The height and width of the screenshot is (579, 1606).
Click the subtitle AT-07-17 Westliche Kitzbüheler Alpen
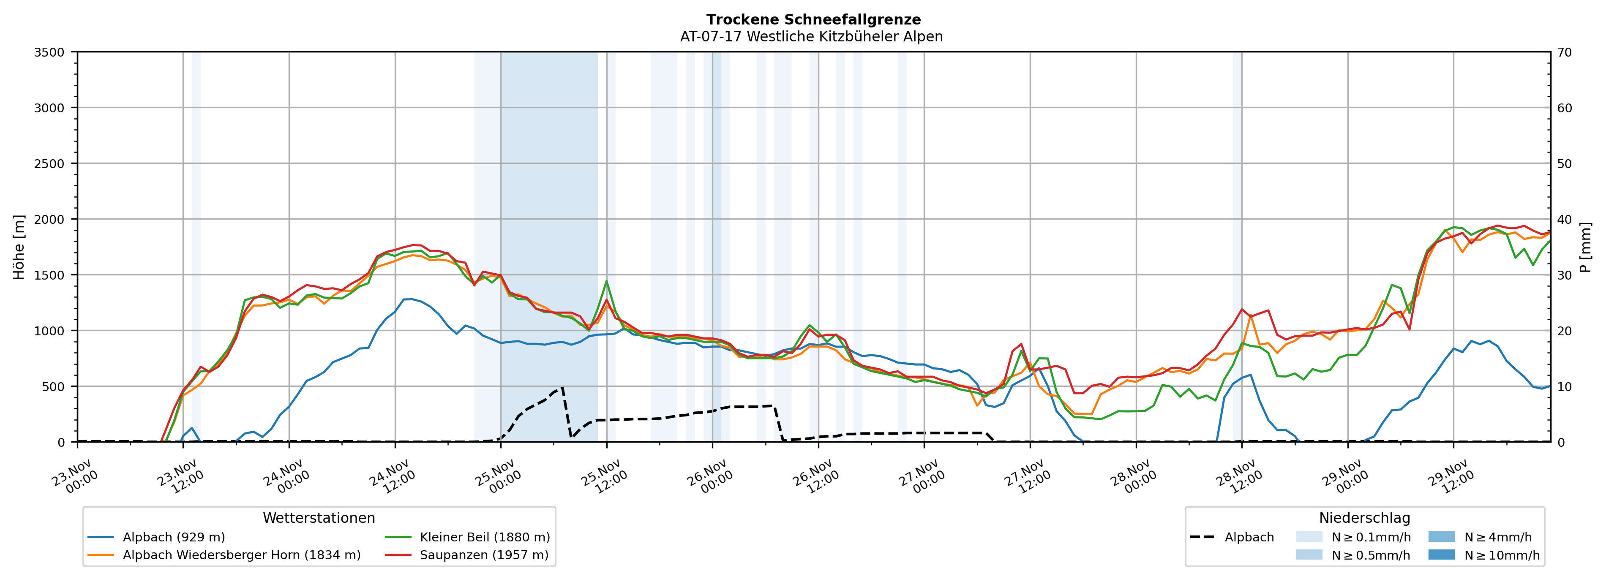pyautogui.click(x=811, y=37)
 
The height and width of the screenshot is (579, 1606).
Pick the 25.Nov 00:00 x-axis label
pyautogui.click(x=496, y=477)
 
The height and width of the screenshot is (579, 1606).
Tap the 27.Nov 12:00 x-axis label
pyautogui.click(x=1025, y=477)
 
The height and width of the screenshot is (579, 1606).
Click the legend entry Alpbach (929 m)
pyautogui.click(x=173, y=537)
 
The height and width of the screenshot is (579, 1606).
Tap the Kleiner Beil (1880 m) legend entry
pyautogui.click(x=484, y=537)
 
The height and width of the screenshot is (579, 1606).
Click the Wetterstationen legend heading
pyautogui.click(x=319, y=518)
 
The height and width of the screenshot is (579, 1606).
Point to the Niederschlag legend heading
pyautogui.click(x=1364, y=518)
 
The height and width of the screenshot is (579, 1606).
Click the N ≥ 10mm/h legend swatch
pyautogui.click(x=1441, y=555)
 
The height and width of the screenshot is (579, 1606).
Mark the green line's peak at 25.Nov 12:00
pyautogui.click(x=607, y=281)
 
